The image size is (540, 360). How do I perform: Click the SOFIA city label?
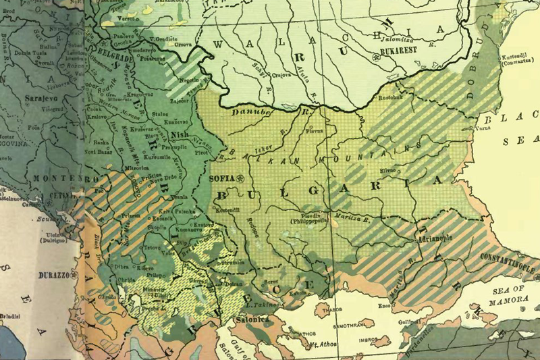[220, 178]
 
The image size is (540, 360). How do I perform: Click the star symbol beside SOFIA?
[239, 178]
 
